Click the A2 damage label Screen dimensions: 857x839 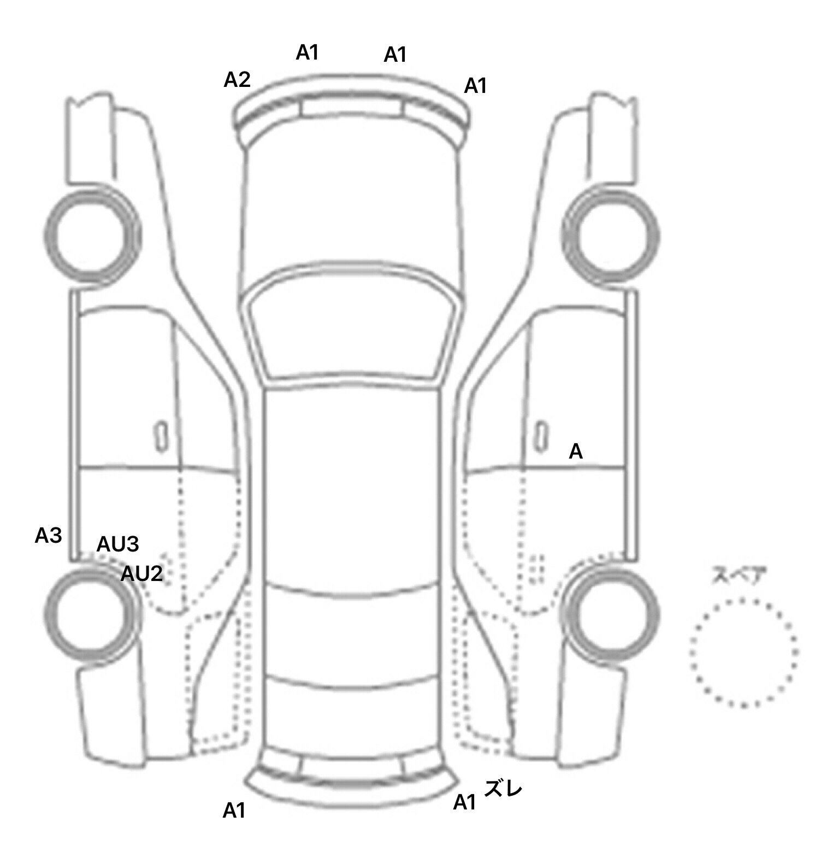coord(237,80)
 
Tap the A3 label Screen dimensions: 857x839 coord(48,536)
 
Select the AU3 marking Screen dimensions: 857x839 coord(117,544)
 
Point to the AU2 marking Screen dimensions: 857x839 coord(141,574)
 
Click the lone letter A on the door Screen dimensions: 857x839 coord(576,452)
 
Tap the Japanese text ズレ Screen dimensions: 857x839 coord(504,789)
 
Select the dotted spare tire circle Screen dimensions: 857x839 coord(744,652)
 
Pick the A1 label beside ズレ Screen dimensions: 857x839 coord(465,802)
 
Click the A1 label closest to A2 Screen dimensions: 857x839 coord(307,52)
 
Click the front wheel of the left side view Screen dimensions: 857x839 coord(92,237)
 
